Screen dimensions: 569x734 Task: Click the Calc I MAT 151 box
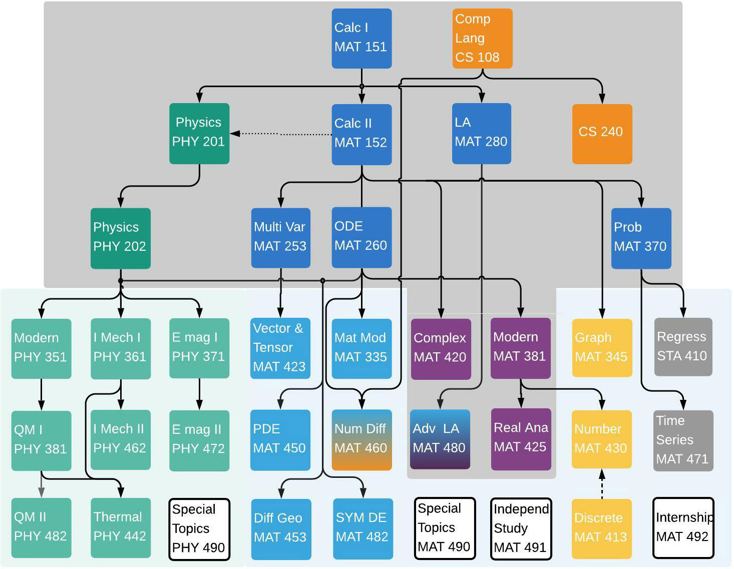(x=361, y=38)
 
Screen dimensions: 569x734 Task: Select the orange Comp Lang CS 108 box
(x=482, y=38)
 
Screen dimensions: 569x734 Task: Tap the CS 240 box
(x=602, y=133)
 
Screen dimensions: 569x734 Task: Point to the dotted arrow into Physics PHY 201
(x=280, y=134)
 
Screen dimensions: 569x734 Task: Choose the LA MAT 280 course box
(x=481, y=133)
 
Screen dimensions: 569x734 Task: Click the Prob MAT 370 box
(x=641, y=238)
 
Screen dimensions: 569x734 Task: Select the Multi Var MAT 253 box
(x=280, y=238)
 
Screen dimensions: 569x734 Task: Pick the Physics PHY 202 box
(x=120, y=238)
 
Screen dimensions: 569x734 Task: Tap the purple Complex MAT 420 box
(x=441, y=348)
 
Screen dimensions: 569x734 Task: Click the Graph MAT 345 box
(x=602, y=347)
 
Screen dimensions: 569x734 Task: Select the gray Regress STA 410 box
(x=683, y=346)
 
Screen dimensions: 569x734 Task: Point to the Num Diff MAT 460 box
(x=361, y=439)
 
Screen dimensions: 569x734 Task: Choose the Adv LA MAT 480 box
(x=440, y=439)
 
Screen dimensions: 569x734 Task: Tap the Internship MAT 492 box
(x=683, y=527)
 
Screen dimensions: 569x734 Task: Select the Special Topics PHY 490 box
(x=199, y=529)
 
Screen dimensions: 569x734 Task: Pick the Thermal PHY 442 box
(x=120, y=527)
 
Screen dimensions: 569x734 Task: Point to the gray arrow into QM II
(x=42, y=484)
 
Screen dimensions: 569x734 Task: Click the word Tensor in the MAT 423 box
(x=273, y=347)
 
